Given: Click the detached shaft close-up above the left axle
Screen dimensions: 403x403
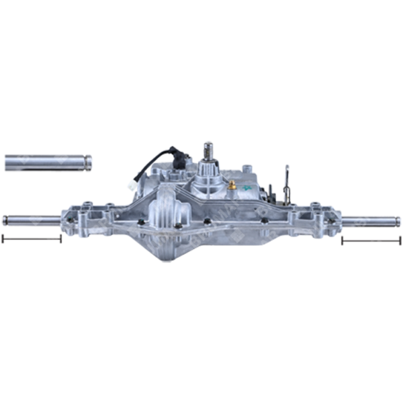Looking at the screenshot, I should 47,163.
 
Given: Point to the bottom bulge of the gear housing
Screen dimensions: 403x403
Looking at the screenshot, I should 195,252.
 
